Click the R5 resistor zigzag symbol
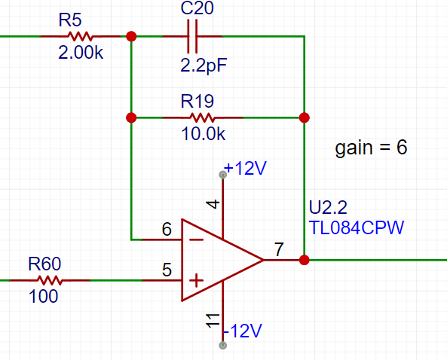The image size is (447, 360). tap(80, 36)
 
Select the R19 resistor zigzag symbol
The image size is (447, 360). tap(202, 117)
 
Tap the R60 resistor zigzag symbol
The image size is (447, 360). tap(50, 280)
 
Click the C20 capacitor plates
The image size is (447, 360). tap(192, 36)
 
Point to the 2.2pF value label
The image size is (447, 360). tap(204, 66)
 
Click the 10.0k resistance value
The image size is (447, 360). tap(204, 133)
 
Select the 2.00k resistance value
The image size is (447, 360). tap(81, 53)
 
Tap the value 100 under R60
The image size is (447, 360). tap(43, 296)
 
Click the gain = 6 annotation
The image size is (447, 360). tap(371, 148)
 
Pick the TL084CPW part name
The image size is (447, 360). tap(357, 227)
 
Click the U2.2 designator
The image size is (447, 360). tap(328, 207)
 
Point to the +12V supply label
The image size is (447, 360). tap(245, 168)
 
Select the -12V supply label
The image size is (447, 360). tap(243, 331)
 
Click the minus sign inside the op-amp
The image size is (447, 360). tap(197, 239)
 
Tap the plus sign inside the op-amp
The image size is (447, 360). tap(197, 281)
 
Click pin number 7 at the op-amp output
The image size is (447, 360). tap(279, 249)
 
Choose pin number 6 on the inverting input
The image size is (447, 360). tap(167, 229)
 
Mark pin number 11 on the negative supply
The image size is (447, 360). tap(213, 321)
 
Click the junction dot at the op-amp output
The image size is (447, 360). tap(305, 260)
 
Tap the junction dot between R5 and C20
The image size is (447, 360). tap(131, 36)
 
